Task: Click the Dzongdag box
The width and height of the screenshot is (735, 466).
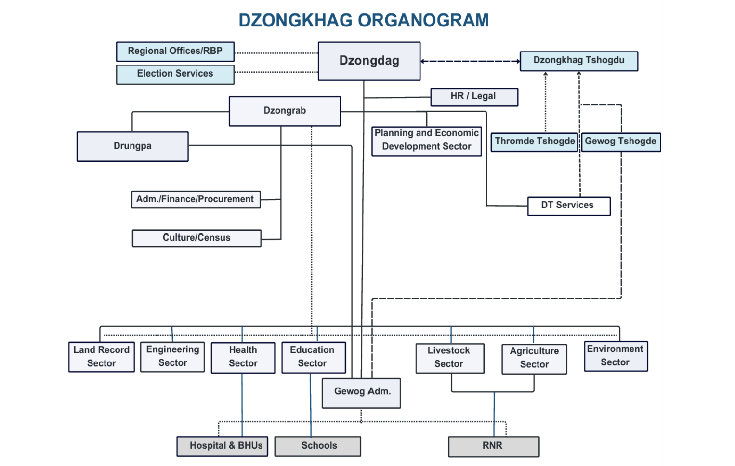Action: pyautogui.click(x=369, y=61)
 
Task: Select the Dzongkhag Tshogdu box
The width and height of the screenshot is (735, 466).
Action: pyautogui.click(x=578, y=61)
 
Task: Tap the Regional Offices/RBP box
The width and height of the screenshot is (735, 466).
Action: pyautogui.click(x=175, y=52)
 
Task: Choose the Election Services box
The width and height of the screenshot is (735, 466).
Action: pyautogui.click(x=175, y=74)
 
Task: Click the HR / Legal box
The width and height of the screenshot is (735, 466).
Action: pyautogui.click(x=474, y=96)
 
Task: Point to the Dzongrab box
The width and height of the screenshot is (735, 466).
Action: pyautogui.click(x=285, y=111)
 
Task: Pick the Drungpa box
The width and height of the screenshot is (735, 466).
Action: pyautogui.click(x=132, y=146)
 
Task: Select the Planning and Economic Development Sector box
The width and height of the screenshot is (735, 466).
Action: pyautogui.click(x=426, y=141)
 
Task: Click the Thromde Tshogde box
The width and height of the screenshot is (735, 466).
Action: pyautogui.click(x=534, y=142)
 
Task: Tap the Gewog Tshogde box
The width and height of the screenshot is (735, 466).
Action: pyautogui.click(x=620, y=142)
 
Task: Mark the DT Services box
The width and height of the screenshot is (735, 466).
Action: pyautogui.click(x=568, y=206)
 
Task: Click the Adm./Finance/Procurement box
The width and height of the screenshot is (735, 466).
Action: pyautogui.click(x=196, y=199)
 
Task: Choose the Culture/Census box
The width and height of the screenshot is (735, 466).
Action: pyautogui.click(x=197, y=238)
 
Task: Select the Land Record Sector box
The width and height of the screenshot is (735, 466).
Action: pyautogui.click(x=102, y=357)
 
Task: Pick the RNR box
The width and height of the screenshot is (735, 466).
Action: pyautogui.click(x=493, y=446)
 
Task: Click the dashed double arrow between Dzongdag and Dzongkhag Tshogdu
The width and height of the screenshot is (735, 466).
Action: pyautogui.click(x=470, y=61)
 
